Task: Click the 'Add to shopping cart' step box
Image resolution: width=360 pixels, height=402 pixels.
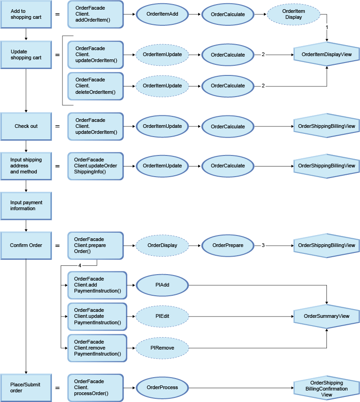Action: coord(26,14)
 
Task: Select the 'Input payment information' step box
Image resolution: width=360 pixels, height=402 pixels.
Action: coord(26,205)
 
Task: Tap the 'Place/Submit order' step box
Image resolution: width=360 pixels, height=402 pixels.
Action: coord(26,387)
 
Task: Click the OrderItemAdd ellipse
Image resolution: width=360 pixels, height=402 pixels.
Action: coord(162,14)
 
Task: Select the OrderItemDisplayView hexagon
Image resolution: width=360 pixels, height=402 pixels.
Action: coord(326,55)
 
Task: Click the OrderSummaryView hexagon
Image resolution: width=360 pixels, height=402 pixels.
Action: coord(326,316)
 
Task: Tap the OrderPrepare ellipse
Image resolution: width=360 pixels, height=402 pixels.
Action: coord(228,245)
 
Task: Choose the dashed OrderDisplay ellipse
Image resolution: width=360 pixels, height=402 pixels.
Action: coord(162,245)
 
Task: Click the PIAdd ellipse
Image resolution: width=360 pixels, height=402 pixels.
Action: coord(162,285)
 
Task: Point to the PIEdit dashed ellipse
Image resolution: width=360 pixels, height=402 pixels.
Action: coord(162,316)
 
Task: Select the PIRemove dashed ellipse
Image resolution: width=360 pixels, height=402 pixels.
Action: coord(162,348)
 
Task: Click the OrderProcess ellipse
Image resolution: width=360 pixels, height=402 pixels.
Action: coord(162,387)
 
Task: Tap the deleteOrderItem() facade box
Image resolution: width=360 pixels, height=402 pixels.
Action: coord(96,86)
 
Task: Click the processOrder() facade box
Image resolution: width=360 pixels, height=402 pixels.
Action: coord(96,387)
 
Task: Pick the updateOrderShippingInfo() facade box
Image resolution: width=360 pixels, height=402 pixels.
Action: coord(96,166)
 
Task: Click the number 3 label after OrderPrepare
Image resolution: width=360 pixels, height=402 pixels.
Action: coord(263,245)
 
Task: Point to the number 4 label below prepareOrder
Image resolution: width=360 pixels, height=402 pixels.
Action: coord(80,266)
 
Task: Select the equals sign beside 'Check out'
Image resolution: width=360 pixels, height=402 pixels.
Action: coord(57,126)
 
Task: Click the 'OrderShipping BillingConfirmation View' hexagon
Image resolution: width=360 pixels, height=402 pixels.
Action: coord(326,388)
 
